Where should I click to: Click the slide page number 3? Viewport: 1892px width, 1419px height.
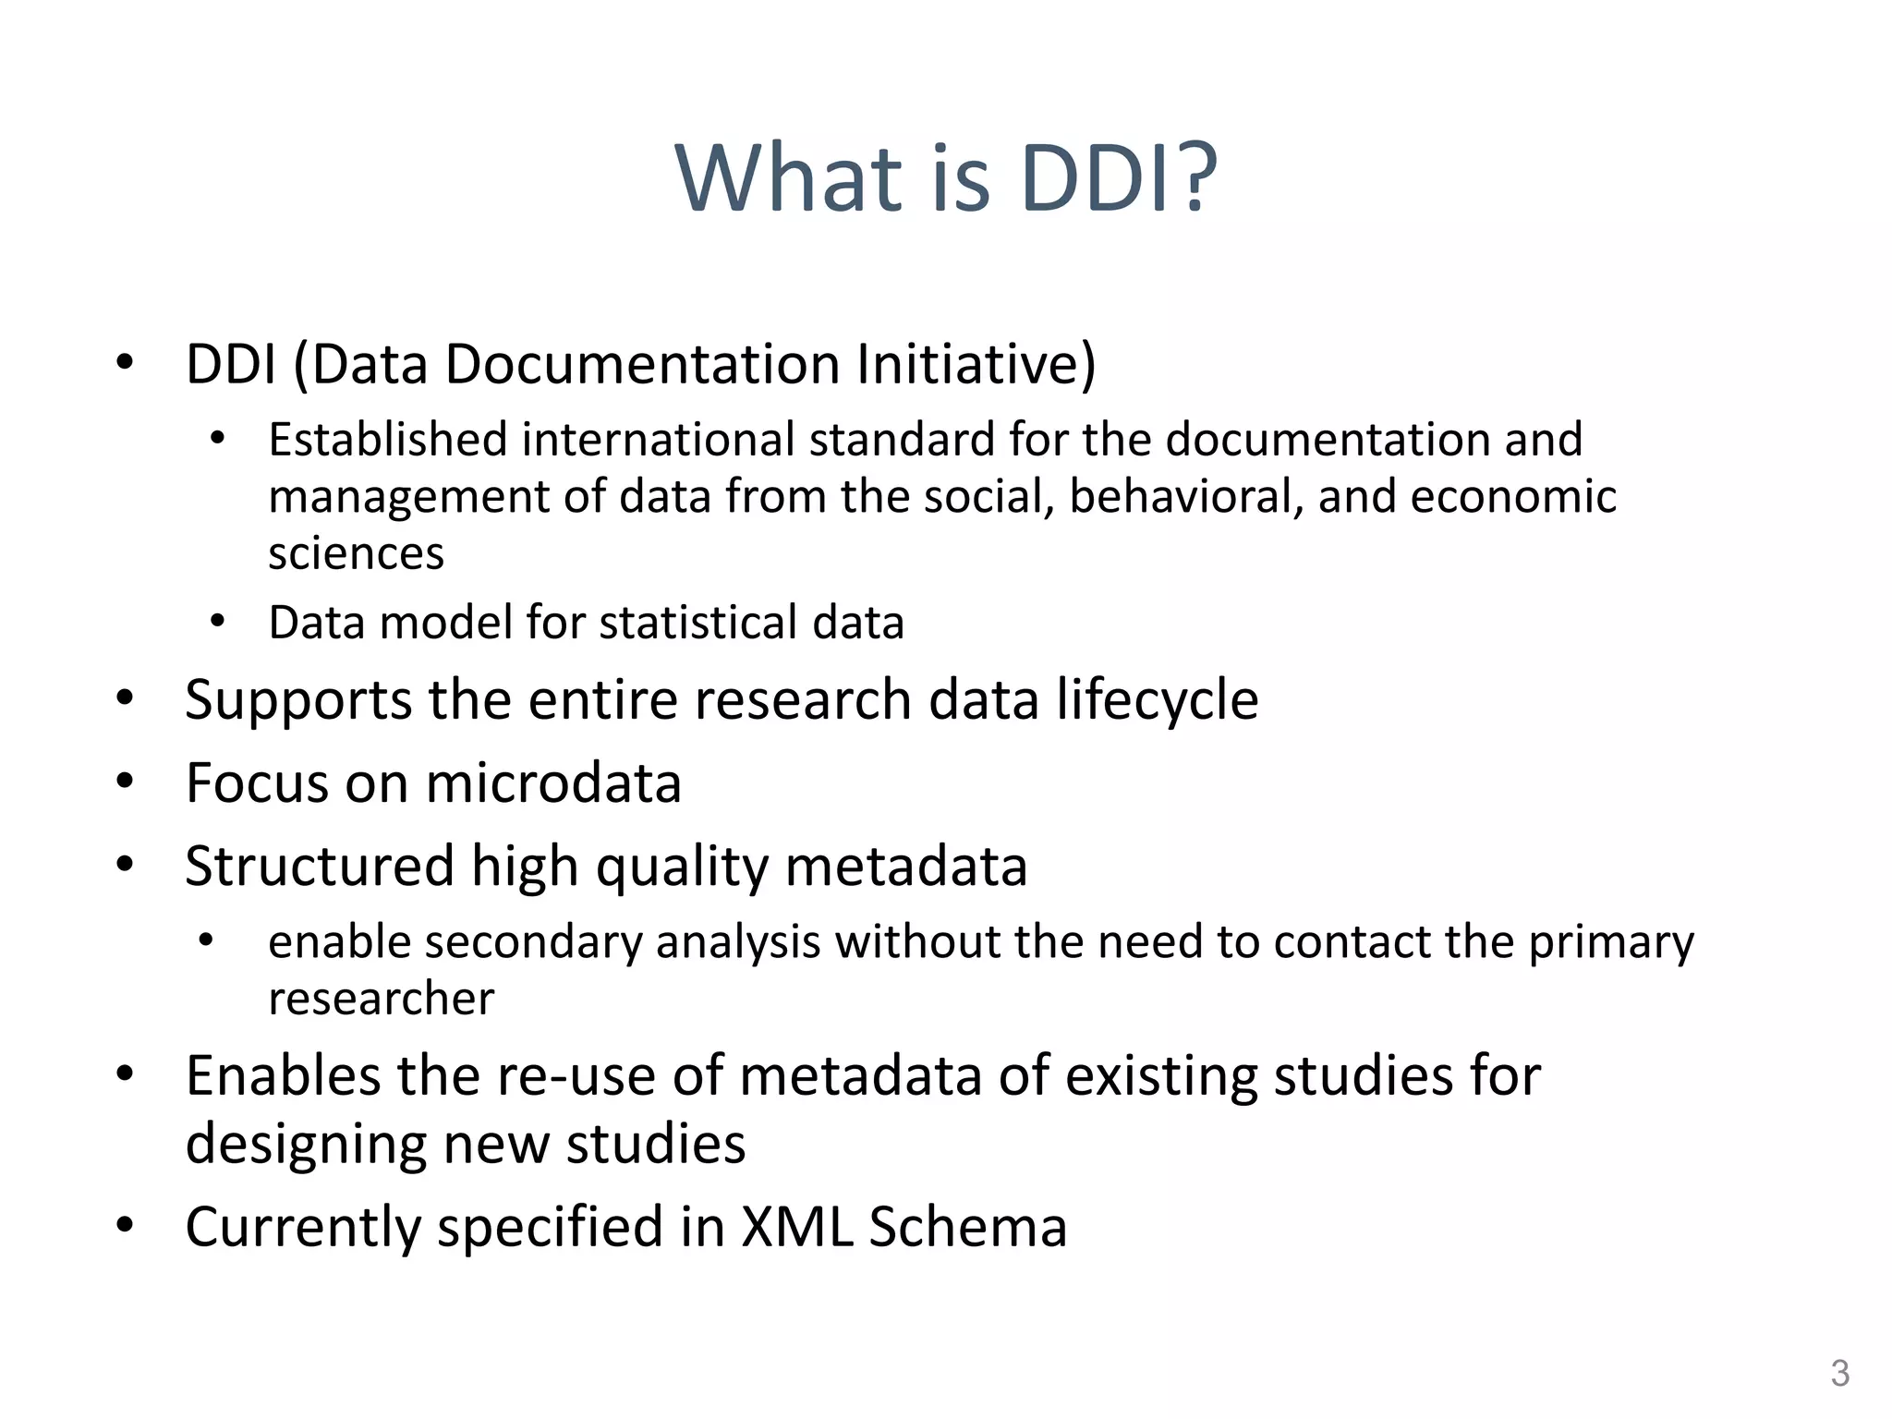[x=1839, y=1374]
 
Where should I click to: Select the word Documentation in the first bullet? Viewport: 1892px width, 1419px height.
[x=643, y=364]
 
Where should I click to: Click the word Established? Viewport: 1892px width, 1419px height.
[x=387, y=440]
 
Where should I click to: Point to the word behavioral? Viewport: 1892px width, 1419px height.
[x=1185, y=497]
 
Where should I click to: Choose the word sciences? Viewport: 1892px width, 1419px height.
[x=356, y=554]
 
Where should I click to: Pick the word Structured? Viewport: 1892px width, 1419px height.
[x=320, y=867]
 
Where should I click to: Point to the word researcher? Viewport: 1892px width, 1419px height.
[x=381, y=999]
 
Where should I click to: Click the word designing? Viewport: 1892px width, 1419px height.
[x=306, y=1145]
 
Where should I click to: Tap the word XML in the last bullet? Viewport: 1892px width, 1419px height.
[x=796, y=1228]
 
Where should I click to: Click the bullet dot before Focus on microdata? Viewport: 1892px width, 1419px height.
[x=126, y=782]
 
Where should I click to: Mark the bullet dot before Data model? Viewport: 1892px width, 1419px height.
[x=217, y=622]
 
